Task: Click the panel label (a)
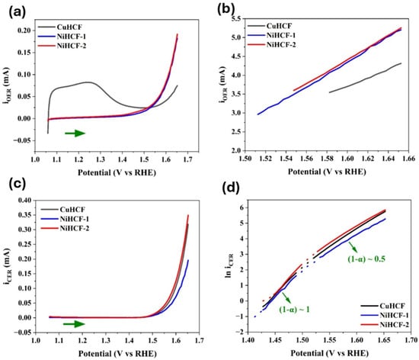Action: tap(18, 12)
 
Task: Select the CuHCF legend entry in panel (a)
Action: tap(60, 27)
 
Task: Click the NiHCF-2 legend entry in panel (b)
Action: tap(272, 45)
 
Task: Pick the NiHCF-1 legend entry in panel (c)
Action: tap(65, 219)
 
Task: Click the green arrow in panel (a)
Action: tap(75, 133)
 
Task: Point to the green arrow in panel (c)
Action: tap(74, 324)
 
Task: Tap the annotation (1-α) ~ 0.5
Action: tap(366, 259)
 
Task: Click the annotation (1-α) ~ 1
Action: tap(295, 310)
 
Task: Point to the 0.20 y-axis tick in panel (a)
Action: tap(24, 31)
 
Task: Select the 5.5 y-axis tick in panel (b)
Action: tap(235, 18)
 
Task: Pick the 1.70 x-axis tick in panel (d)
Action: tap(411, 340)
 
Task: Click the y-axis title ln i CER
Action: tap(230, 265)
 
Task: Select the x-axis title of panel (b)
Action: tap(327, 172)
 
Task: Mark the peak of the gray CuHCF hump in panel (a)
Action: tap(88, 82)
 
